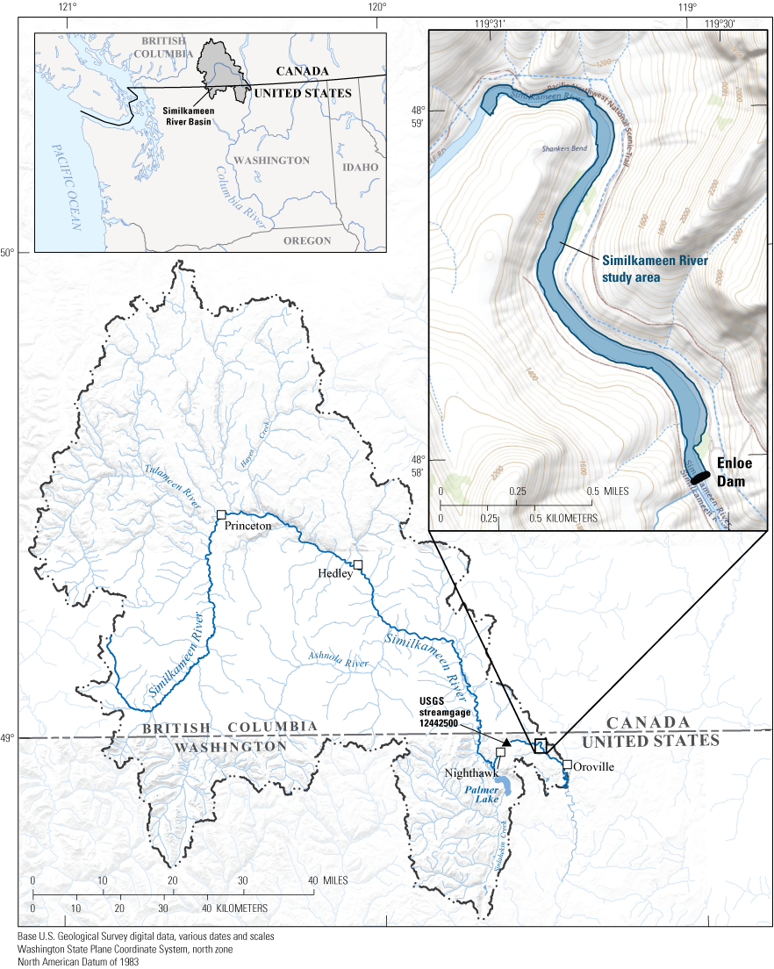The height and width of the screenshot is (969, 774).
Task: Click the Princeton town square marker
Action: [x=221, y=514]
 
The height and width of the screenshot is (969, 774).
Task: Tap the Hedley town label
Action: [x=334, y=573]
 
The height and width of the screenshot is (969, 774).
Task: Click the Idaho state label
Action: [x=361, y=167]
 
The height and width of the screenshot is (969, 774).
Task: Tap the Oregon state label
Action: [x=306, y=240]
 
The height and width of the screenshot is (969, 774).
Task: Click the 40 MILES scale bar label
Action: [x=327, y=880]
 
